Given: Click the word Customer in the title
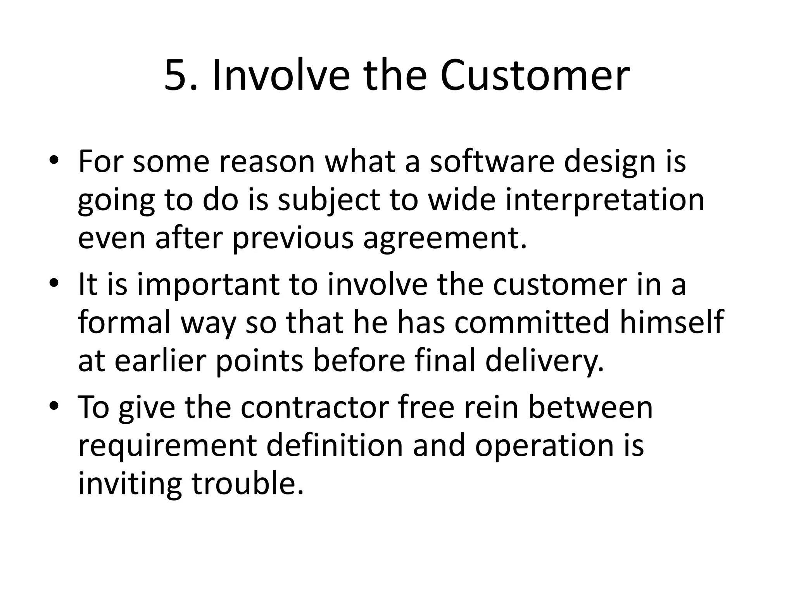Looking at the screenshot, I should (535, 76).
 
